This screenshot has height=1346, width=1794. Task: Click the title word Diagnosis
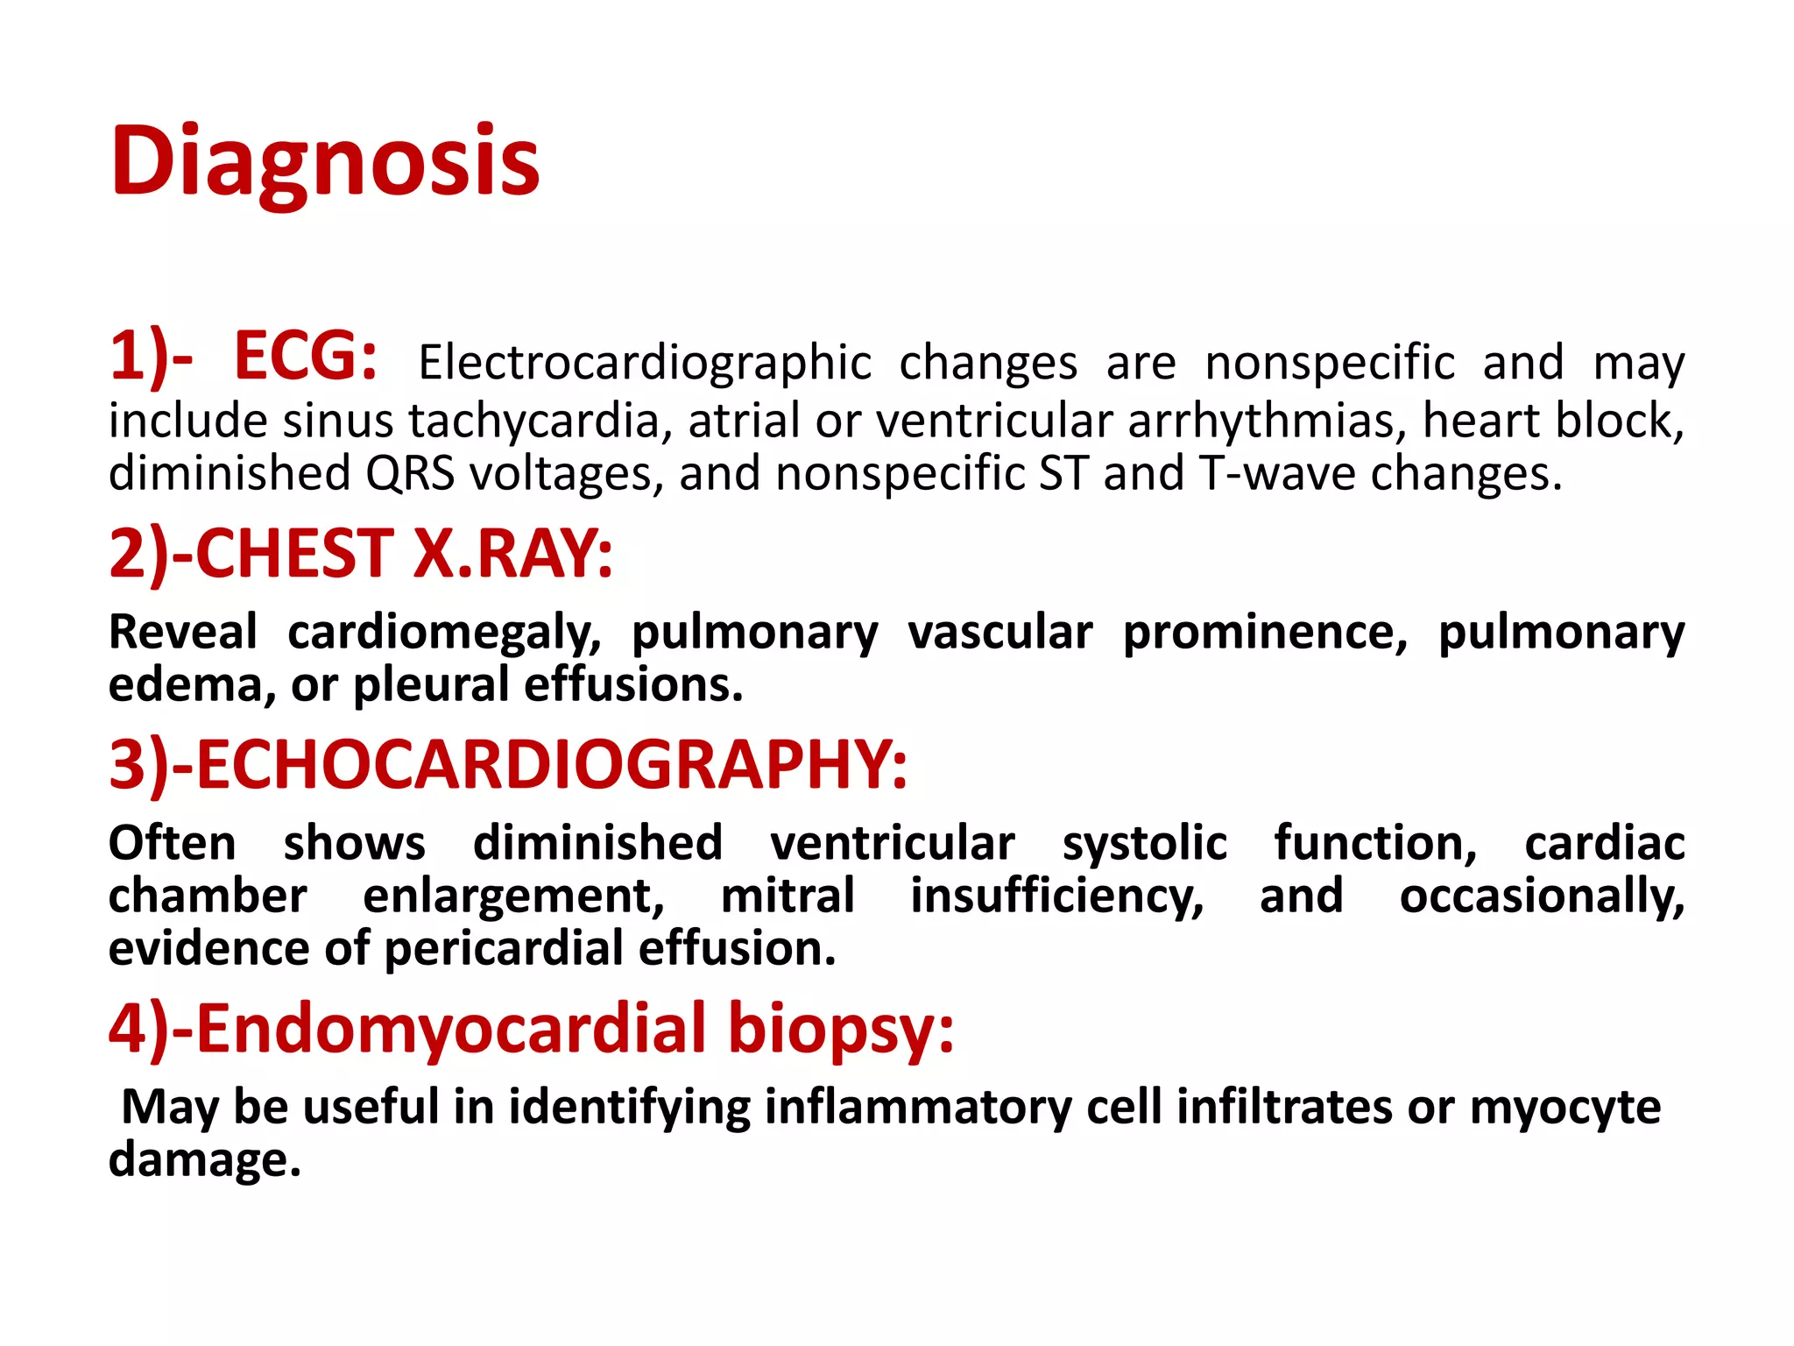tap(324, 162)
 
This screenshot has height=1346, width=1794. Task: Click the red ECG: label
tap(306, 357)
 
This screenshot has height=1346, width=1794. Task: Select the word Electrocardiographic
tap(645, 363)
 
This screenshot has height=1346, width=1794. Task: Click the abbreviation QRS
tap(410, 473)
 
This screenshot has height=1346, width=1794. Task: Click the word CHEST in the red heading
tap(294, 555)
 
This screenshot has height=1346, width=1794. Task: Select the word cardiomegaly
tap(444, 633)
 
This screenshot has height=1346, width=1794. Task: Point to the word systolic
tap(1144, 844)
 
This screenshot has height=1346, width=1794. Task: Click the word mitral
tap(788, 896)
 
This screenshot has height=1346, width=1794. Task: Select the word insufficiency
tap(1056, 896)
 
